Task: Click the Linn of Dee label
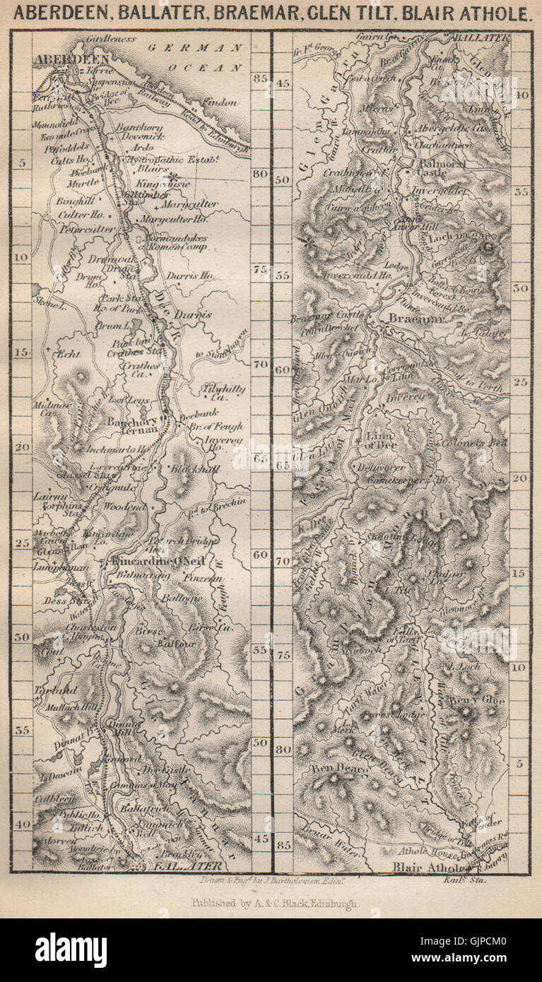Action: click(382, 440)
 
